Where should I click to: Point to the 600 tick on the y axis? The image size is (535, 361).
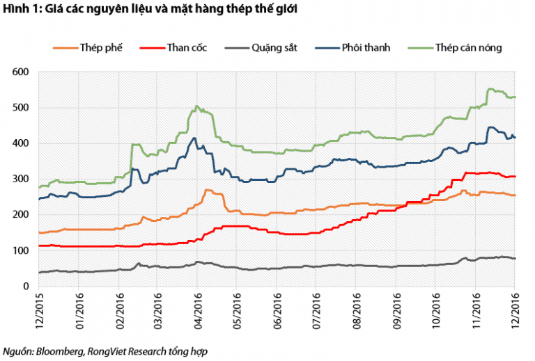[20, 72]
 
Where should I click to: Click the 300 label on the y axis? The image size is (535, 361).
[20, 179]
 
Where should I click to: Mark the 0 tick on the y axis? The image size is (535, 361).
[26, 286]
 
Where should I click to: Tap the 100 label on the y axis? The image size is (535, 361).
[20, 250]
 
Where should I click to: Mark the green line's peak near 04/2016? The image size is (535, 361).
[196, 106]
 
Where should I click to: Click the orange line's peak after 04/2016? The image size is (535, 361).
[207, 189]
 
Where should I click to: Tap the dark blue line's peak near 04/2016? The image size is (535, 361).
[194, 138]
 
